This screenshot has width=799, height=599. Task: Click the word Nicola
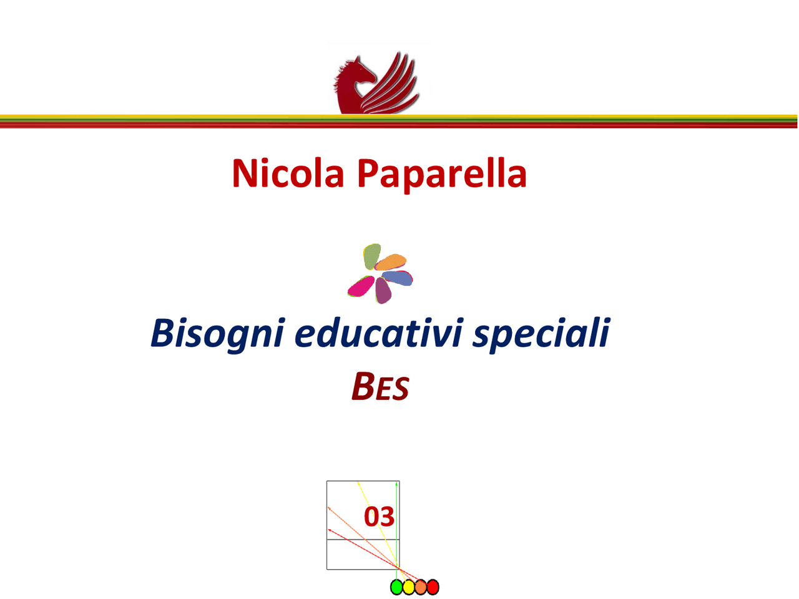[288, 173]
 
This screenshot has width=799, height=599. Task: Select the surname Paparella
[442, 175]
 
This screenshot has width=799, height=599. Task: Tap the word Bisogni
[217, 334]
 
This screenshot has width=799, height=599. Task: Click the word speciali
[541, 334]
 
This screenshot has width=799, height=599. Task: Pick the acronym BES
[380, 387]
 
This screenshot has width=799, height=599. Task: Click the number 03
[379, 517]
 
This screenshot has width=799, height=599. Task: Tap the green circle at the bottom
[396, 587]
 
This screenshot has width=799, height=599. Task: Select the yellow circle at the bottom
[408, 587]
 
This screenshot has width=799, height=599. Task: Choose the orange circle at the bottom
[421, 587]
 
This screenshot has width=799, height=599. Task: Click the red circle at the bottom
[433, 587]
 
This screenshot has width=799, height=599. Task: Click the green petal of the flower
[372, 256]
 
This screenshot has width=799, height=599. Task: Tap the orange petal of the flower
[391, 262]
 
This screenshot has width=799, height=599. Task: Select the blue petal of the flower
[398, 278]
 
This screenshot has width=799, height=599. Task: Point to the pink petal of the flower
[361, 287]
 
